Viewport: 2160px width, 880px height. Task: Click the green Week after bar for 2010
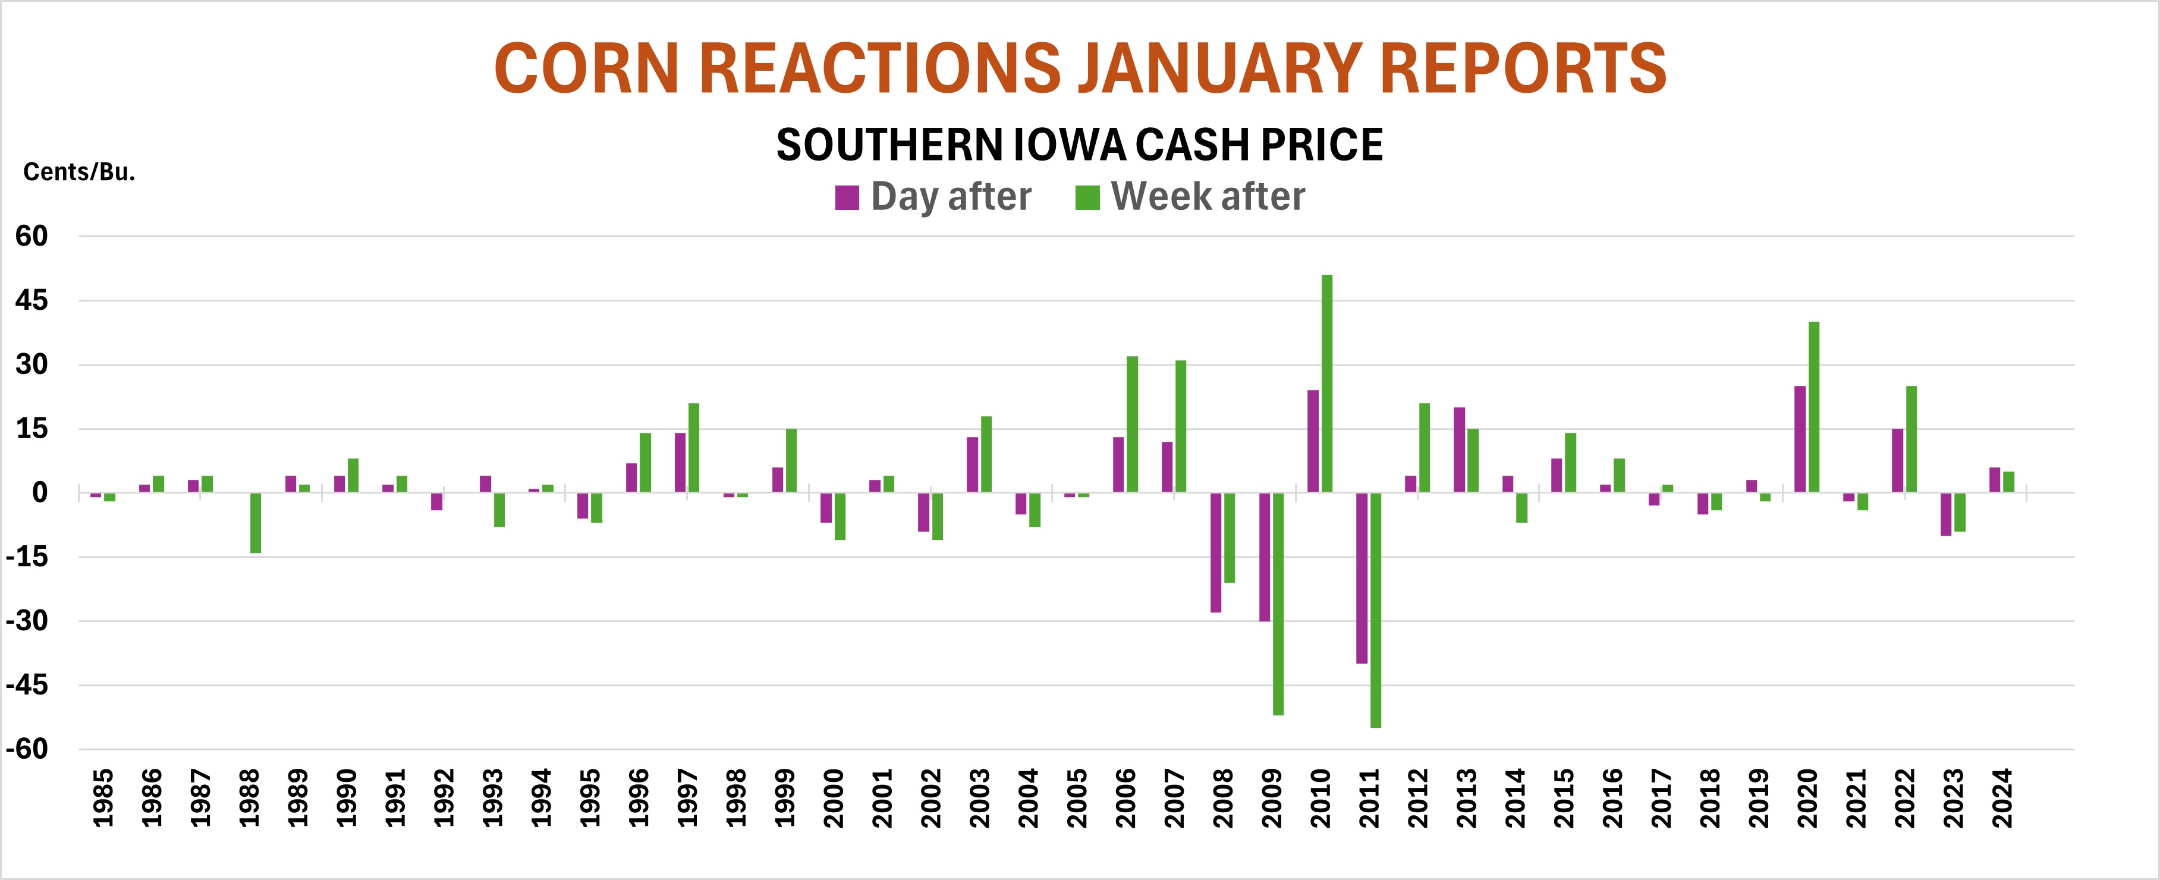point(1326,384)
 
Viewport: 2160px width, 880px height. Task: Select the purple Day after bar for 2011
point(1362,578)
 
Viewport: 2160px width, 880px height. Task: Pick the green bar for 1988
point(256,523)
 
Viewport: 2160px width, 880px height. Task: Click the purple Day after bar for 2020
point(1800,439)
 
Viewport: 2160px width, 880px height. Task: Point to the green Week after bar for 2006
point(1132,425)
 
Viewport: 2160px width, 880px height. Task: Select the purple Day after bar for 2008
point(1216,552)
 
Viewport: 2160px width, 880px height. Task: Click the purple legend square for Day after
point(847,198)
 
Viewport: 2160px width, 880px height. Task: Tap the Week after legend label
point(1208,196)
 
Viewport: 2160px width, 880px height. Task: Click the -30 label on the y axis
point(27,621)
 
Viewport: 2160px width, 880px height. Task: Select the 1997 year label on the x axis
point(687,798)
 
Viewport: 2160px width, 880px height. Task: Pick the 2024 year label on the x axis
point(2002,798)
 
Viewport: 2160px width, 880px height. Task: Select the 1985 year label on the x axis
point(103,798)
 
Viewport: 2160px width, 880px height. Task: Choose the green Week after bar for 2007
point(1181,426)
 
